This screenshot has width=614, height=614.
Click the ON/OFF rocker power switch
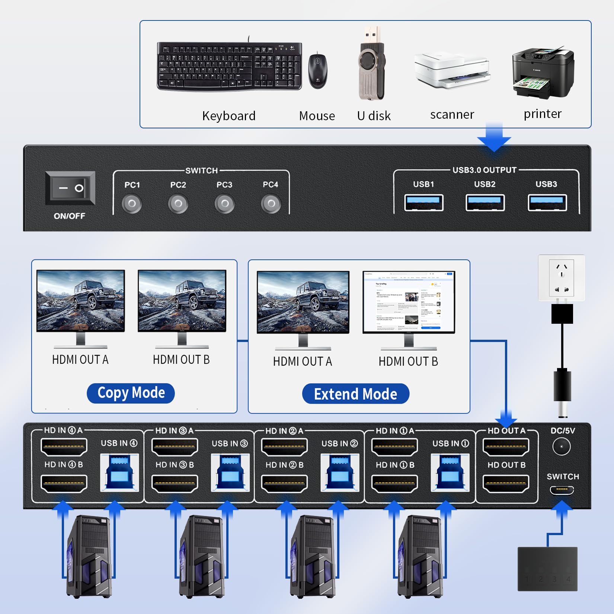pos(70,188)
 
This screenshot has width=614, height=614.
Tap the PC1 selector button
pos(132,204)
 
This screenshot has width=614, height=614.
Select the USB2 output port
pos(485,203)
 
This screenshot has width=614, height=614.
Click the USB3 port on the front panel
pos(547,203)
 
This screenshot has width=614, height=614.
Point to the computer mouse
pos(318,71)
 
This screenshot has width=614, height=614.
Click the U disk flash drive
pos(371,65)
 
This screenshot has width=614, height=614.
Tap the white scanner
pos(452,71)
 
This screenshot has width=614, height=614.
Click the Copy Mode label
pos(131,393)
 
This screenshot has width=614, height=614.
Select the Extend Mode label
pos(355,394)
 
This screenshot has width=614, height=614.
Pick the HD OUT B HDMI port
pos(506,484)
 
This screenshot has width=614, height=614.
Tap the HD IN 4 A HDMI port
pos(64,447)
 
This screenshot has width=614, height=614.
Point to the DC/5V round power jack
pos(562,447)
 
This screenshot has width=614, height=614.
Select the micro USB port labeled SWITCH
pos(562,490)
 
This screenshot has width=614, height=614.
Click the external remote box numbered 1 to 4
pos(547,569)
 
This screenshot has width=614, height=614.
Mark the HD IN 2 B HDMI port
pos(284,484)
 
